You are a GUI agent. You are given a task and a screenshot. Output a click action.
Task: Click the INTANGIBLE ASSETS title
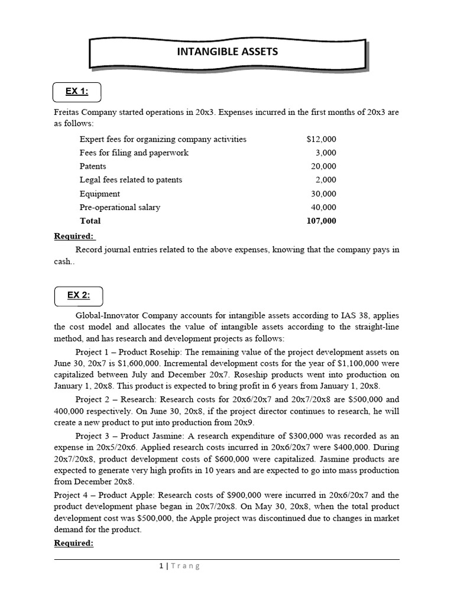[227, 51]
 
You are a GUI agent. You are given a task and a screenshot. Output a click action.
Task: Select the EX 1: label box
[77, 92]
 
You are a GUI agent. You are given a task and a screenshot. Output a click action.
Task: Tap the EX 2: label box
[77, 295]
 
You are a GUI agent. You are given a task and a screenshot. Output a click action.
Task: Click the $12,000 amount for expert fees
[321, 139]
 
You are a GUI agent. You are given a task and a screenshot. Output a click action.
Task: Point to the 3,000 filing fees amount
[325, 153]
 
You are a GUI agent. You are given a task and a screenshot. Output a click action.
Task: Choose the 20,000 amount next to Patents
[323, 166]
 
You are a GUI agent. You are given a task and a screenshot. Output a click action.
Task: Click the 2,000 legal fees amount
[325, 180]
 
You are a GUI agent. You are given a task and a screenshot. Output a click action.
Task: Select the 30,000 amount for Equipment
[323, 194]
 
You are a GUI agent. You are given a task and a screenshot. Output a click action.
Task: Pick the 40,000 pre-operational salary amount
[323, 207]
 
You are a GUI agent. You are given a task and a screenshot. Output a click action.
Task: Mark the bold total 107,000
[322, 221]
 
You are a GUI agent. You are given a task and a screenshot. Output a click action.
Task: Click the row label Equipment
[99, 194]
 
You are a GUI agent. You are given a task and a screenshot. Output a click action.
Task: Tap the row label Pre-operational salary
[119, 207]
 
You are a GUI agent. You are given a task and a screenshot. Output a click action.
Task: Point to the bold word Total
[90, 221]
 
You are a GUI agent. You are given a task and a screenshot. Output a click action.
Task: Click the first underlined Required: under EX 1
[74, 236]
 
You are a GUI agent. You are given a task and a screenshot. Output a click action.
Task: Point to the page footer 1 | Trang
[180, 566]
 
